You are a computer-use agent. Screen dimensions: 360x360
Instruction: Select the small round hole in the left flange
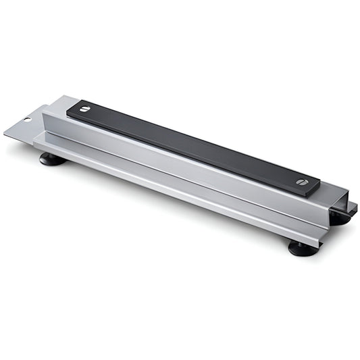click(28, 120)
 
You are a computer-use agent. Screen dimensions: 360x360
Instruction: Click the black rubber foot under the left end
click(52, 159)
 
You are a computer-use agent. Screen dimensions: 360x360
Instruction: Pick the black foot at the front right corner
click(303, 249)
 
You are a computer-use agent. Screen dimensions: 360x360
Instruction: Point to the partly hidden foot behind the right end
click(340, 218)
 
